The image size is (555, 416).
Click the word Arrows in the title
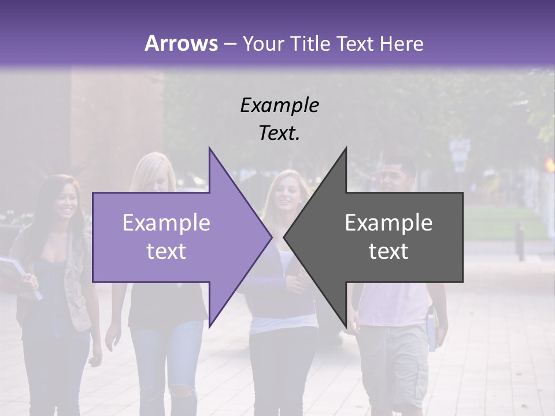pos(181,43)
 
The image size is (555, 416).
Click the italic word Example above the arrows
pos(279,106)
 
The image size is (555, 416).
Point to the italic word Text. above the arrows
pos(279,133)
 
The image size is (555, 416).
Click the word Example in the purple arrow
pos(166,223)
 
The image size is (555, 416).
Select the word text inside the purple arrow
pos(166,251)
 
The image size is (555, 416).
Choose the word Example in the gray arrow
pos(388,223)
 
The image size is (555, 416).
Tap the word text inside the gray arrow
pos(388,251)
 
